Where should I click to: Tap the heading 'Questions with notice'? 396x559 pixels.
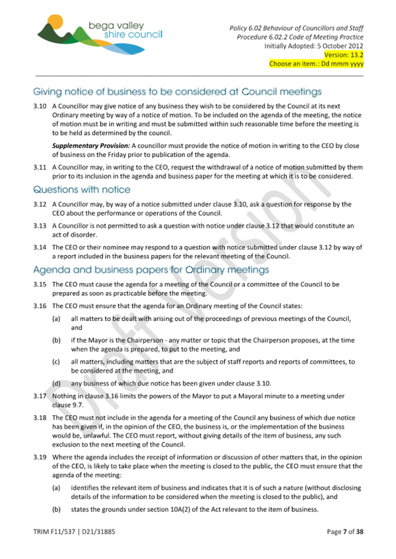(x=82, y=189)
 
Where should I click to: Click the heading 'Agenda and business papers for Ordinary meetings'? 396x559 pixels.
(x=151, y=270)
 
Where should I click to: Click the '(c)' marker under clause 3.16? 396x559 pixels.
(x=56, y=362)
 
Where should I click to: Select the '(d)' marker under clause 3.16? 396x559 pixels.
(x=56, y=384)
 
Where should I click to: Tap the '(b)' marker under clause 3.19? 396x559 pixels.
(x=56, y=509)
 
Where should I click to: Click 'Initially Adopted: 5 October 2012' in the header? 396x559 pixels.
(x=313, y=46)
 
